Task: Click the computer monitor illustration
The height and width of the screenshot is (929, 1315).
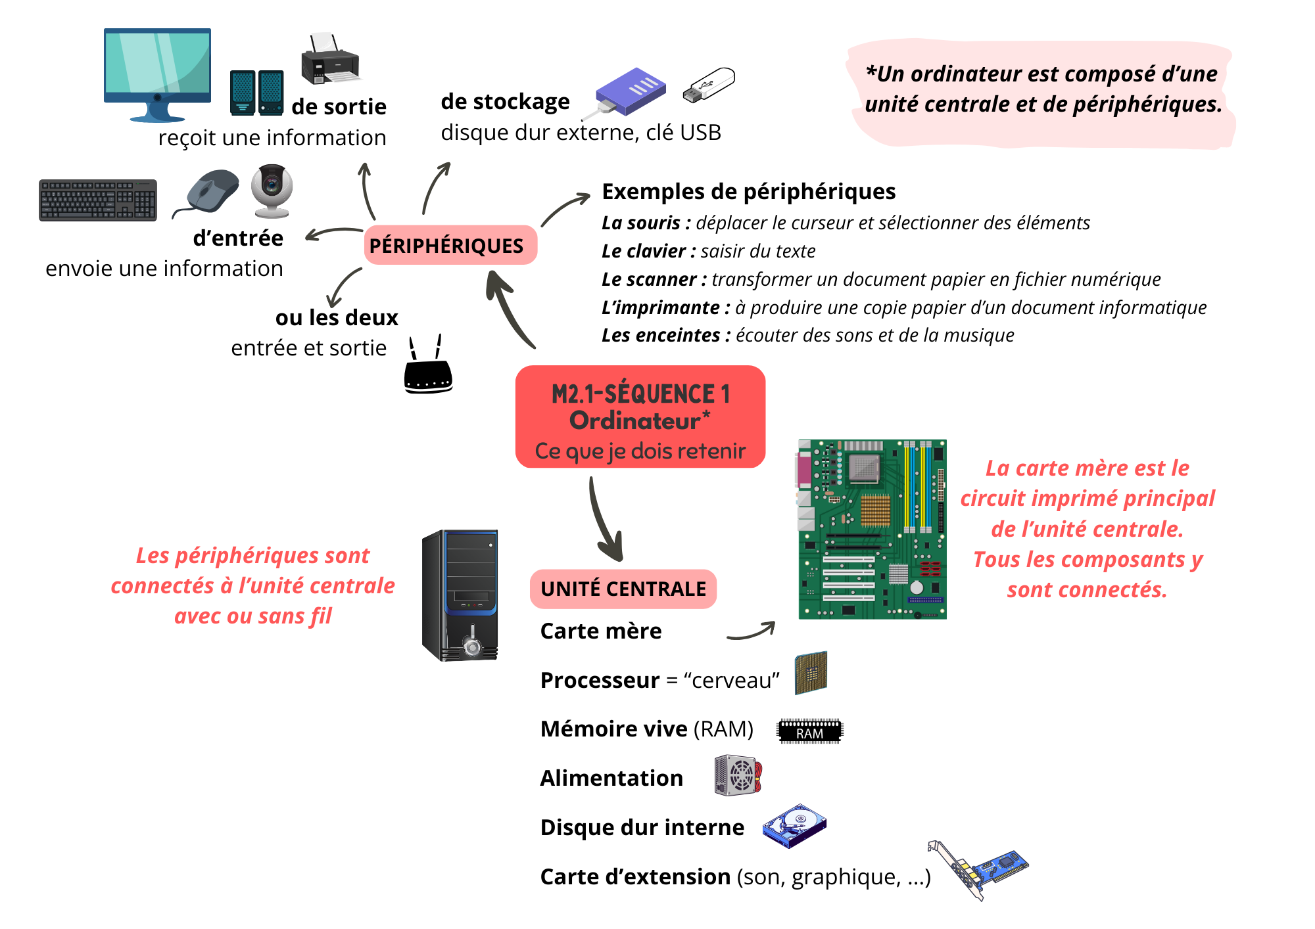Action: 157,72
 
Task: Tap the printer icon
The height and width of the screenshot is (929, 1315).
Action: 330,60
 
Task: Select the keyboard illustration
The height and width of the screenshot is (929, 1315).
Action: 98,200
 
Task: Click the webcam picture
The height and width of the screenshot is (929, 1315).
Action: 272,190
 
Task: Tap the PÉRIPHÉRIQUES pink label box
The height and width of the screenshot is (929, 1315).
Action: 450,246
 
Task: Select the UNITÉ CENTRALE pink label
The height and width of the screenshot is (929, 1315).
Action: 623,589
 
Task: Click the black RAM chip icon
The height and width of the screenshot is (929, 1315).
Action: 810,731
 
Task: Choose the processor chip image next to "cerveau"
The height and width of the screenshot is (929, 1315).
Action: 811,673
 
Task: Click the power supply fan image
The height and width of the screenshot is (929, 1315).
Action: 738,775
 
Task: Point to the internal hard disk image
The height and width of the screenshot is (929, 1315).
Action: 794,826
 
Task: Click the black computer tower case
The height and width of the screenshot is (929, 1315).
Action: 460,595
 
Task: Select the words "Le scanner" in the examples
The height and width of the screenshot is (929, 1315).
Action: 648,279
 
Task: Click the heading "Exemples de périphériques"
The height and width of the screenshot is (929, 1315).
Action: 748,191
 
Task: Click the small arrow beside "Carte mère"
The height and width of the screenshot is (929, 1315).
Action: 752,632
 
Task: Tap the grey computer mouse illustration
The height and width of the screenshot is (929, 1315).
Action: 210,191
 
